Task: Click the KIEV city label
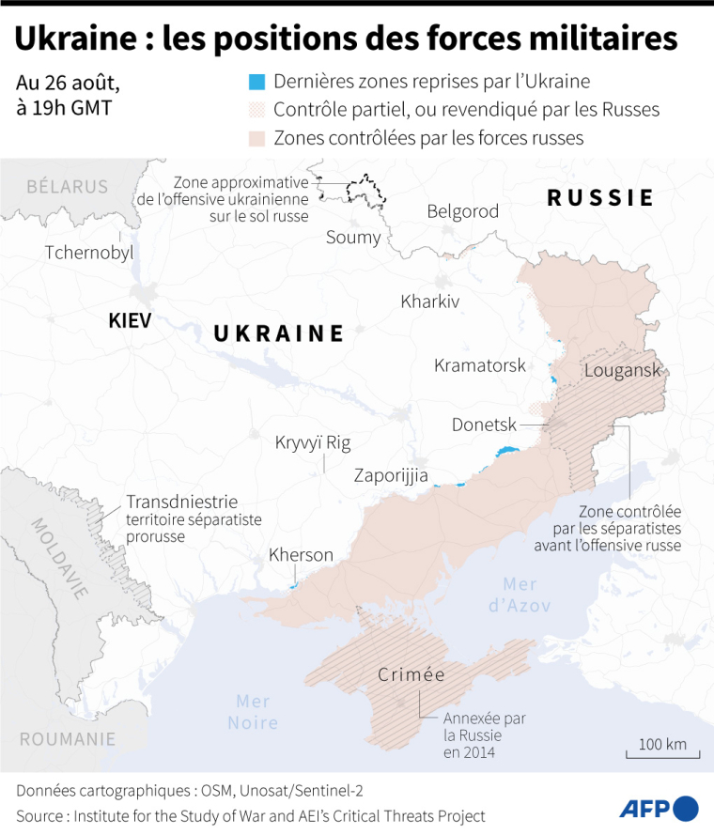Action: pyautogui.click(x=130, y=320)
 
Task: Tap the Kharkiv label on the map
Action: pyautogui.click(x=429, y=302)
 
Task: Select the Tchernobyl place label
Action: pyautogui.click(x=89, y=253)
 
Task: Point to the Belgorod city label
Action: pyautogui.click(x=462, y=211)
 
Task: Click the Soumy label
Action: pyautogui.click(x=353, y=237)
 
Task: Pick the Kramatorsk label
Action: pyautogui.click(x=479, y=365)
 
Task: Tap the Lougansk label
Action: pyautogui.click(x=622, y=370)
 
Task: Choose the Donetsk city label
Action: pyautogui.click(x=484, y=425)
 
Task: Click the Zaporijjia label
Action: pyautogui.click(x=391, y=475)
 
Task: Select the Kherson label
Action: pyautogui.click(x=301, y=555)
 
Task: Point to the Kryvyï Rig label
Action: pyautogui.click(x=312, y=442)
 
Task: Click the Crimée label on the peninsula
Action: pyautogui.click(x=411, y=674)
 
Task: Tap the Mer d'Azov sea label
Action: pyautogui.click(x=519, y=595)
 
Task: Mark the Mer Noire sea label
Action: pyautogui.click(x=254, y=712)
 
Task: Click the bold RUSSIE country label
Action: pyautogui.click(x=600, y=197)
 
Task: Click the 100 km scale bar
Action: pyautogui.click(x=662, y=752)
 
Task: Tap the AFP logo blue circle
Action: pyautogui.click(x=687, y=808)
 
